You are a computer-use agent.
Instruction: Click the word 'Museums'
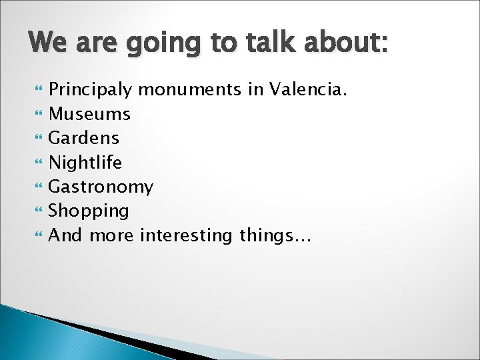pos(91,114)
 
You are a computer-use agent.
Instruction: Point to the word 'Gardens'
pos(85,138)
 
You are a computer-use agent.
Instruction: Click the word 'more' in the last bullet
pos(114,235)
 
